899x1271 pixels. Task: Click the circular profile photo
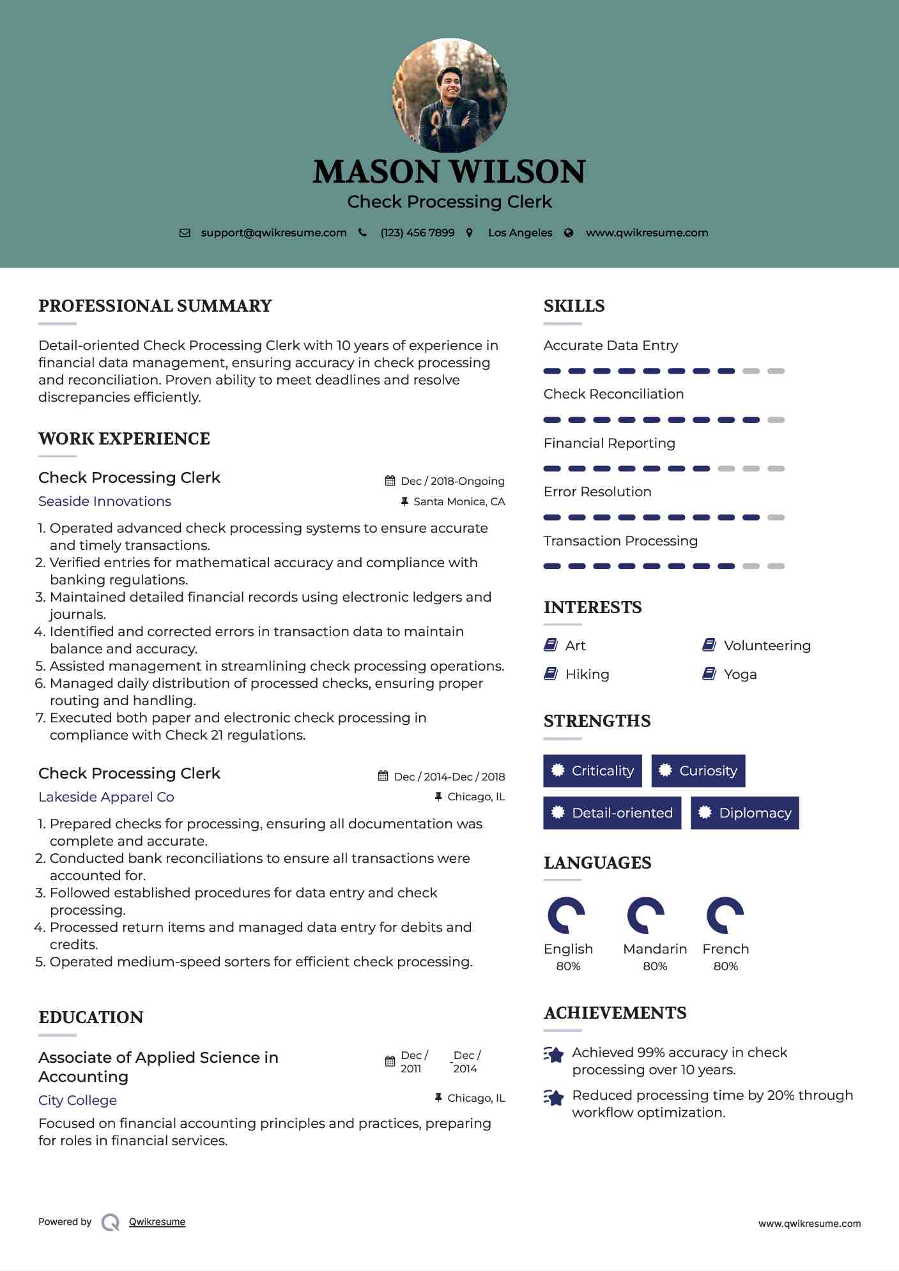(x=449, y=96)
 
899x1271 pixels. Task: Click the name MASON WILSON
(x=449, y=172)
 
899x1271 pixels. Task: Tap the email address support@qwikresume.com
(x=273, y=232)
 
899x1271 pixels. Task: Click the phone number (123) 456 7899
(x=417, y=232)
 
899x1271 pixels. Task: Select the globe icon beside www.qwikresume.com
(x=569, y=233)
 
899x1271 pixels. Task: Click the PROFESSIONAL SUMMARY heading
(x=155, y=306)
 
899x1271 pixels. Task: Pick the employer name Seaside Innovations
(x=105, y=501)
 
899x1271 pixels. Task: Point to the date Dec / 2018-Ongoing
(x=452, y=481)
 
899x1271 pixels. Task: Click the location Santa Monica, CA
(x=459, y=501)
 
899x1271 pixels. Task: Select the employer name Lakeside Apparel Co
(x=106, y=797)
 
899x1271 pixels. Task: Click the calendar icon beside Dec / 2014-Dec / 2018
(x=383, y=776)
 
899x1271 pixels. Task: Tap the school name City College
(x=77, y=1100)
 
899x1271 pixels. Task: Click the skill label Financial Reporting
(x=609, y=443)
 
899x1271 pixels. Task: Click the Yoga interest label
(x=740, y=674)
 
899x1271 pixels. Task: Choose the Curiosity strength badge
(x=698, y=771)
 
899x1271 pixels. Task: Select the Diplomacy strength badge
(x=745, y=813)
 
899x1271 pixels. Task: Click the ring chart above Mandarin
(x=645, y=915)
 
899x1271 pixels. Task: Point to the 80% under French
(x=725, y=966)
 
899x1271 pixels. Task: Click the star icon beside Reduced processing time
(x=554, y=1097)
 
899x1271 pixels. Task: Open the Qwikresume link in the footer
(x=157, y=1222)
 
